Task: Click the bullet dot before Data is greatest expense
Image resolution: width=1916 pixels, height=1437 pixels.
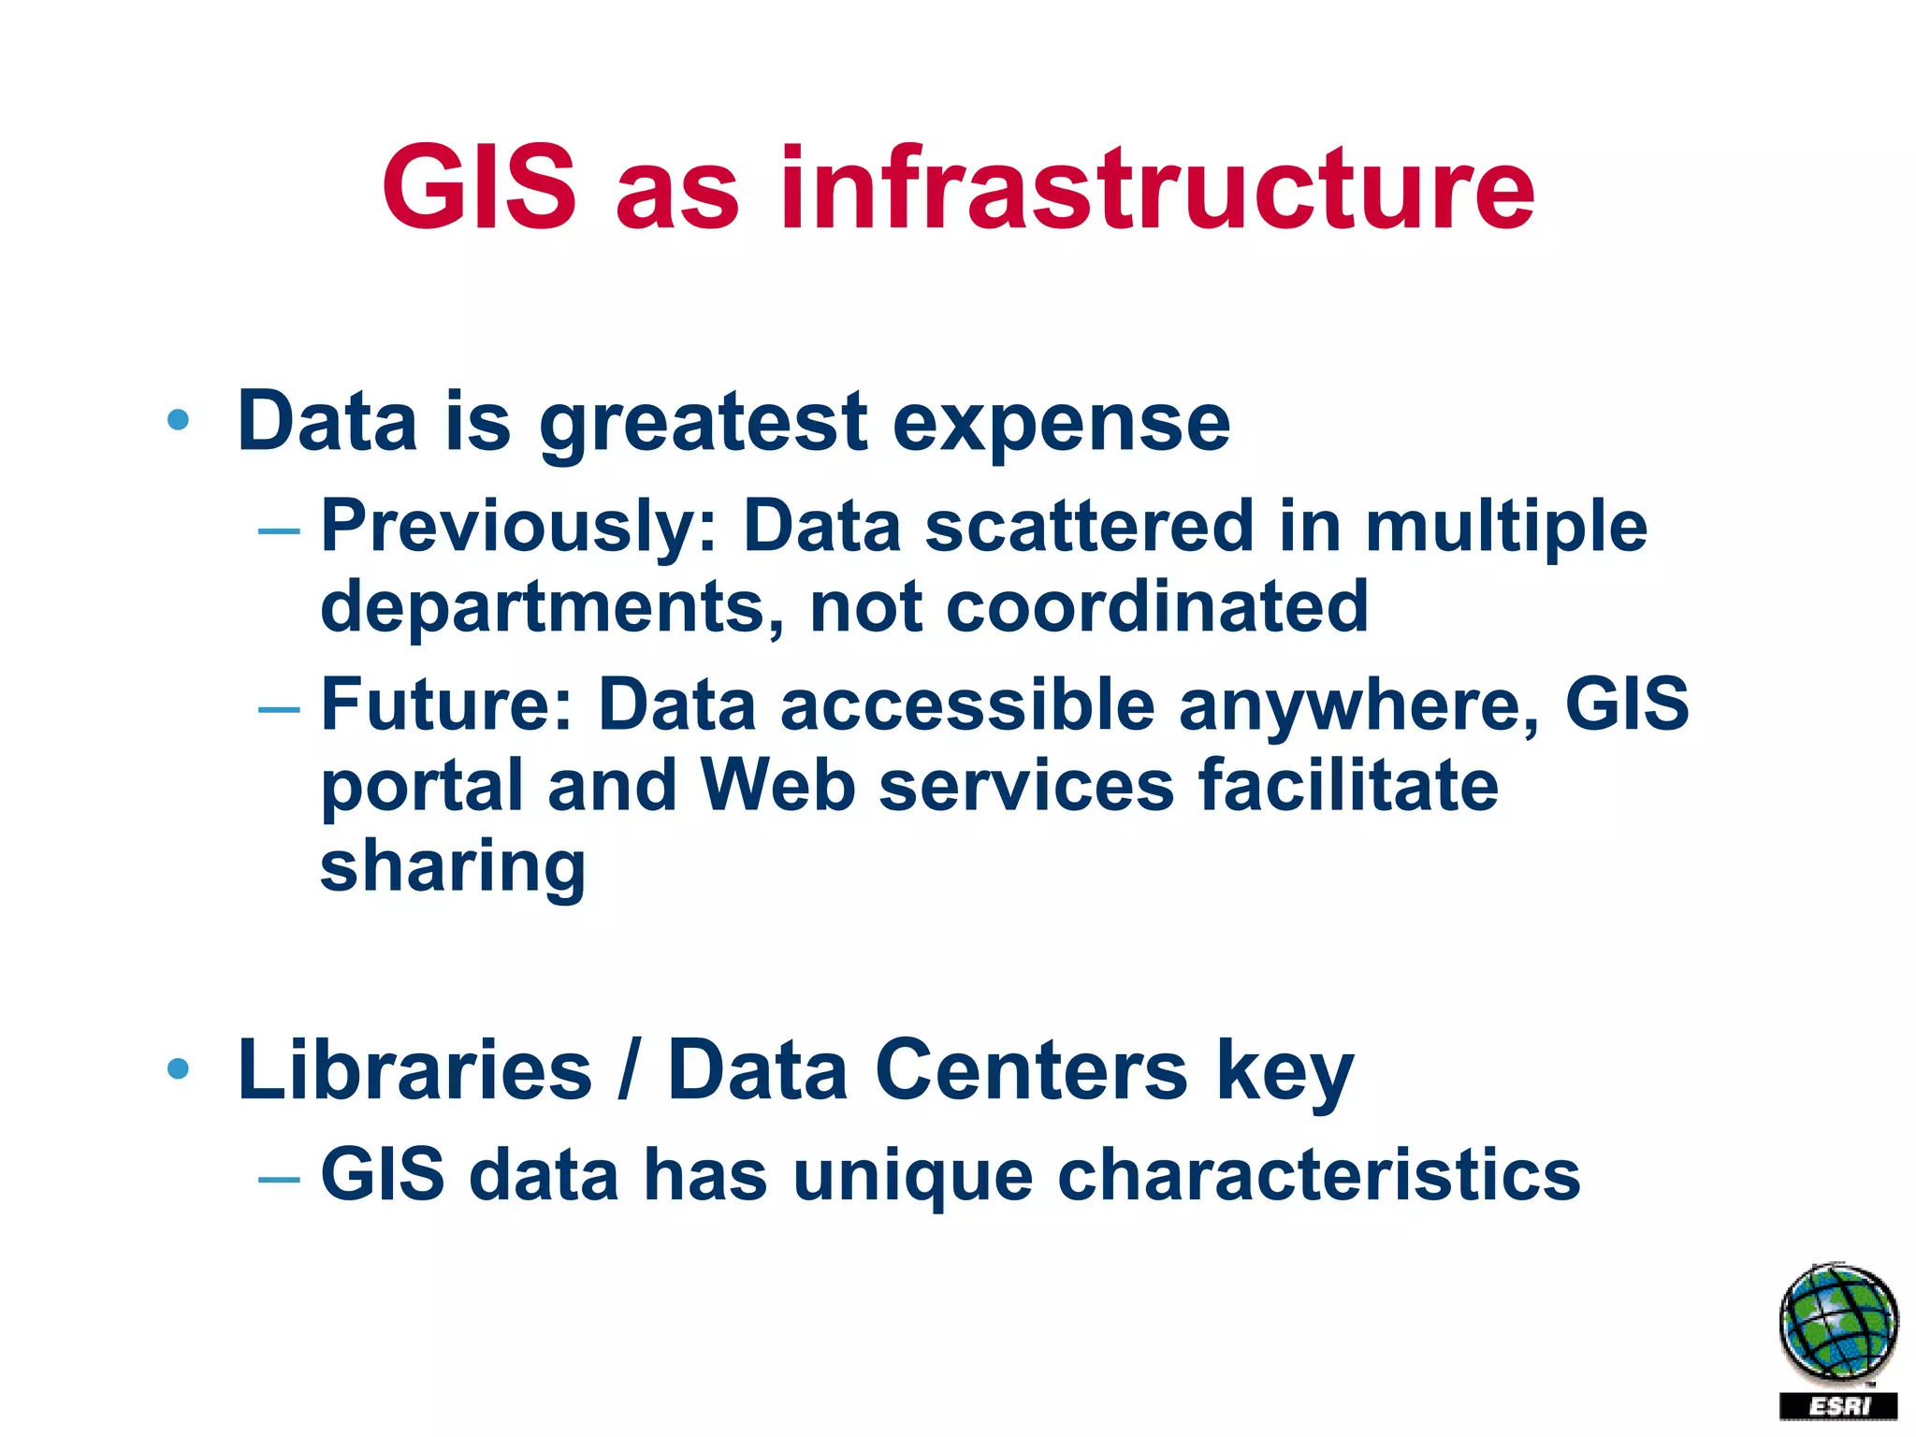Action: pos(178,420)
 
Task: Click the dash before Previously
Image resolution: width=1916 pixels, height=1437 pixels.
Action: pos(279,531)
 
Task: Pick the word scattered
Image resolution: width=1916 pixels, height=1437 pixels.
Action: pos(1089,526)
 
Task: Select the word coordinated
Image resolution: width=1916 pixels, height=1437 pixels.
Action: pos(1157,606)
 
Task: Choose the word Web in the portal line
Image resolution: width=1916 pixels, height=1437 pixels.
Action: pos(777,785)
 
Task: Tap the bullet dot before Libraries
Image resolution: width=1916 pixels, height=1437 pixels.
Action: pos(178,1067)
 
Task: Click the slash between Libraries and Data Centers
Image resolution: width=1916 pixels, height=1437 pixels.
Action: pos(630,1070)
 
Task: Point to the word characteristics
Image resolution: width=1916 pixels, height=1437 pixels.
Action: pos(1318,1175)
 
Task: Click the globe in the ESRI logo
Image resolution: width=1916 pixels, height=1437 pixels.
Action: pos(1838,1323)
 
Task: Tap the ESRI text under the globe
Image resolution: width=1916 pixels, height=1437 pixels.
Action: pos(1838,1406)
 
